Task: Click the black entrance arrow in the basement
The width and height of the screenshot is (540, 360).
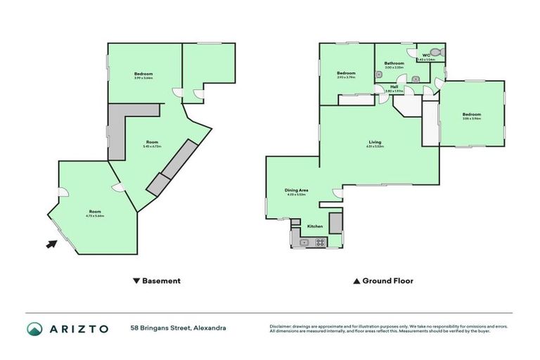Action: pyautogui.click(x=51, y=244)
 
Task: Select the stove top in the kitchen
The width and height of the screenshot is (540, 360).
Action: pyautogui.click(x=321, y=243)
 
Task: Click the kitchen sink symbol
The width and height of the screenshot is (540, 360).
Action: pyautogui.click(x=304, y=243)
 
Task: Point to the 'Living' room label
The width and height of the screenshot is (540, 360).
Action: pyautogui.click(x=375, y=142)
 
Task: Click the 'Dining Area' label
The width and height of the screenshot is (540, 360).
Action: pyautogui.click(x=297, y=190)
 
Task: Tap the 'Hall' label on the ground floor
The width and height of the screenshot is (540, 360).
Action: pyautogui.click(x=395, y=87)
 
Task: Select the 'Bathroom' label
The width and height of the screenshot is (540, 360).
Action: pyautogui.click(x=394, y=63)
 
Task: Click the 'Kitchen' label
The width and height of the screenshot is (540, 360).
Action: pyautogui.click(x=315, y=226)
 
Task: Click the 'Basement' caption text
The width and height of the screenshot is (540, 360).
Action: pyautogui.click(x=161, y=281)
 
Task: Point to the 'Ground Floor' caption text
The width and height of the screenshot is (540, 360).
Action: pyautogui.click(x=387, y=281)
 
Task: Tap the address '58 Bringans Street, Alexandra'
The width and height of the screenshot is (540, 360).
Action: pyautogui.click(x=178, y=328)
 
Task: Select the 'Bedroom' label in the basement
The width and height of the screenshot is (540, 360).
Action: pyautogui.click(x=143, y=74)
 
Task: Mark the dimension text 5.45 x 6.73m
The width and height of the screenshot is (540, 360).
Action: pyautogui.click(x=152, y=147)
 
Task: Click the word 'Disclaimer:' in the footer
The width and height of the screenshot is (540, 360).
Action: pyautogui.click(x=280, y=326)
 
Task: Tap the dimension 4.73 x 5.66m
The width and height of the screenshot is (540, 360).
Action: pyautogui.click(x=95, y=216)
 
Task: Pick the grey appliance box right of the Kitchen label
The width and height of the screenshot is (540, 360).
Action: pyautogui.click(x=335, y=222)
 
